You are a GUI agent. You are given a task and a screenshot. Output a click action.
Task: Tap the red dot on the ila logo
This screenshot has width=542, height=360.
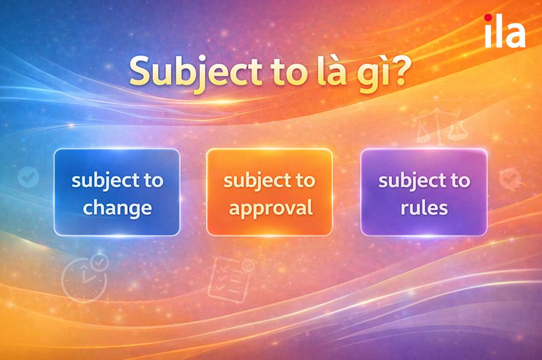[487, 18]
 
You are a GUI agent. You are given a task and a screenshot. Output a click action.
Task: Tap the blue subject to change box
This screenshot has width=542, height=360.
[116, 192]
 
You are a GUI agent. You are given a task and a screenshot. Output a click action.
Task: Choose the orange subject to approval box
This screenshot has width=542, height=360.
[269, 192]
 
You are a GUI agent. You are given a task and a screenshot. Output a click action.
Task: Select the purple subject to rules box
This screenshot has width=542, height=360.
[424, 192]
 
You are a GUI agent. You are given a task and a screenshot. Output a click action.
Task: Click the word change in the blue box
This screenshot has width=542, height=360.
[117, 208]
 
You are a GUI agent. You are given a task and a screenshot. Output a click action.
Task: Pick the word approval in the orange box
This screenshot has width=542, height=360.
[270, 208]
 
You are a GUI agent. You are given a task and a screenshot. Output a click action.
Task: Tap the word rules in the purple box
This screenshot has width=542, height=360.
[424, 208]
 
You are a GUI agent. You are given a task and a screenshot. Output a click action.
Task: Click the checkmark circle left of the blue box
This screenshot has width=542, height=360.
[28, 178]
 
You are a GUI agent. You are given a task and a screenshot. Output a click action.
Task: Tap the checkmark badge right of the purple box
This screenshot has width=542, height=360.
[510, 178]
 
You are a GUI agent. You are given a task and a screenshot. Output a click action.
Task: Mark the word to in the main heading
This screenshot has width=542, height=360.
[285, 72]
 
